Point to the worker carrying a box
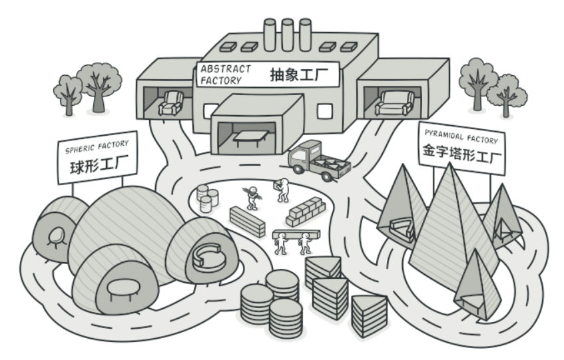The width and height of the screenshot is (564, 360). pyautogui.click(x=282, y=190)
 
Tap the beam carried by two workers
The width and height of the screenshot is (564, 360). pyautogui.click(x=296, y=233)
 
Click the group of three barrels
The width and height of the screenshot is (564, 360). pyautogui.click(x=208, y=197)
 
